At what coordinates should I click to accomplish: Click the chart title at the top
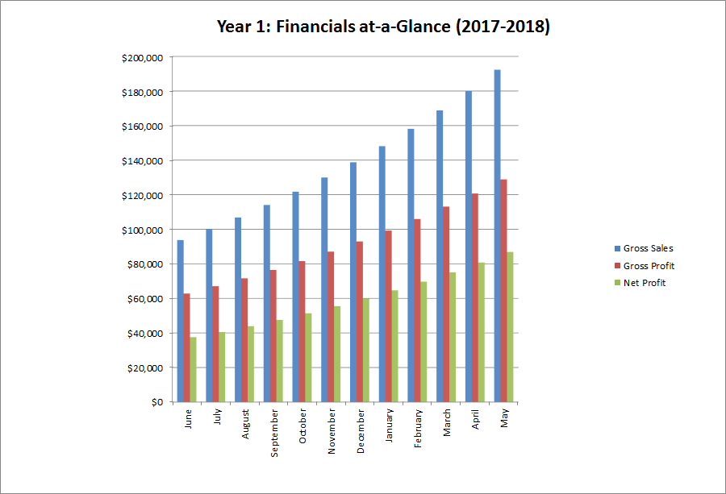[x=383, y=27]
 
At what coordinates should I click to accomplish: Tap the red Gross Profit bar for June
[x=186, y=347]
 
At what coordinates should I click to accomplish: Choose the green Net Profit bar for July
[x=222, y=367]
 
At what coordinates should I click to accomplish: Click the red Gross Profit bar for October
[x=302, y=331]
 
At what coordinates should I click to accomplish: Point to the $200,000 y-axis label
[x=141, y=58]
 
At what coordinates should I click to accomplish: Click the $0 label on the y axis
[x=155, y=402]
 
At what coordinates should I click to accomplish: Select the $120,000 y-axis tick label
[x=141, y=196]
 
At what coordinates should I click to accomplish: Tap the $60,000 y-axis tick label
[x=144, y=299]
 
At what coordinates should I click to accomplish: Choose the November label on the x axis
[x=332, y=433]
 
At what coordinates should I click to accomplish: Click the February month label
[x=418, y=431]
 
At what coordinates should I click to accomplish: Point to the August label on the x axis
[x=245, y=425]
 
